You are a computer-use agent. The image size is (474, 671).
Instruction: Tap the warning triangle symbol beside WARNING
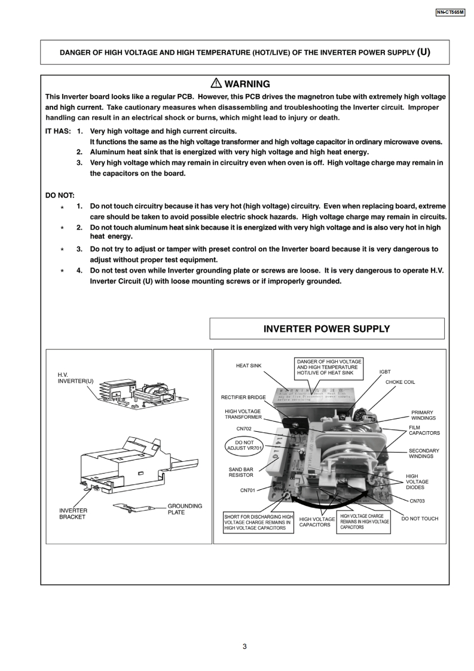point(215,84)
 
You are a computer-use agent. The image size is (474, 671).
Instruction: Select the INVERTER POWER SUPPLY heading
point(326,329)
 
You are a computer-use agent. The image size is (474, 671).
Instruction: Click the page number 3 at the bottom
point(244,646)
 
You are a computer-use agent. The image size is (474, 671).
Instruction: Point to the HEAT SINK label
point(249,365)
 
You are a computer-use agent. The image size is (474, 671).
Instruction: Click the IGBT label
point(385,371)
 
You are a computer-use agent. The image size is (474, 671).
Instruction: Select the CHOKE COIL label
point(400,382)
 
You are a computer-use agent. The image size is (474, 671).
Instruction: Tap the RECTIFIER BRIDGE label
point(243,397)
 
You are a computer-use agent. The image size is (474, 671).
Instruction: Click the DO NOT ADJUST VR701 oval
point(244,446)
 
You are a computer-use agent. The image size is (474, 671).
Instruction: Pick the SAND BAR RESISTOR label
point(241,472)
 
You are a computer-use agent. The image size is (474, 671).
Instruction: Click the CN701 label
point(248,490)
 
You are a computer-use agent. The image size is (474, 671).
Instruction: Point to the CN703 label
point(417,501)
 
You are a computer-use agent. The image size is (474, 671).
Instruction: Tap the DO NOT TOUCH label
point(420,518)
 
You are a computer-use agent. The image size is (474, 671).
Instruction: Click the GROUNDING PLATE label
point(185,509)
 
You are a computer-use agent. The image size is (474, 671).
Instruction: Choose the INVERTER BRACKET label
point(73,514)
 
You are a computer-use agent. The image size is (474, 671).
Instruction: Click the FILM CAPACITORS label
point(424,430)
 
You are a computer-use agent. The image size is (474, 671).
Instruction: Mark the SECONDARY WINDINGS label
point(424,453)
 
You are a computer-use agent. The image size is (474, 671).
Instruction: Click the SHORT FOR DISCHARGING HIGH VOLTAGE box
point(259,522)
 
